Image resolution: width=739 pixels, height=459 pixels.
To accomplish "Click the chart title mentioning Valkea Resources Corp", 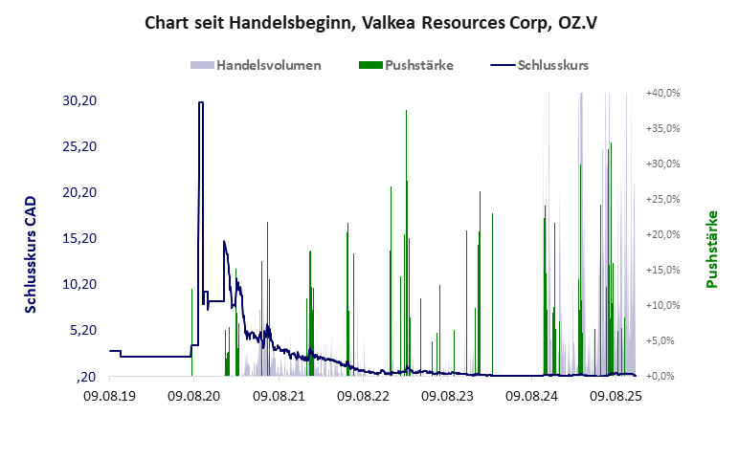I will pyautogui.click(x=369, y=22).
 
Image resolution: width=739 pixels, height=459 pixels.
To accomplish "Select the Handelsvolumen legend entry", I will pyautogui.click(x=257, y=66).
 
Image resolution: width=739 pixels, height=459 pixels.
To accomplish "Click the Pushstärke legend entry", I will pyautogui.click(x=406, y=66).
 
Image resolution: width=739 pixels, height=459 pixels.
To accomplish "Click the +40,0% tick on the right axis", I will pyautogui.click(x=662, y=93).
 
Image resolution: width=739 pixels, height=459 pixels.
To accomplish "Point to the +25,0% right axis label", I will pyautogui.click(x=662, y=199).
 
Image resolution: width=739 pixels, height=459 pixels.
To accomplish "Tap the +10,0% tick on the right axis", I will pyautogui.click(x=662, y=305).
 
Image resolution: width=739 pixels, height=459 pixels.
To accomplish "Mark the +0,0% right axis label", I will pyautogui.click(x=663, y=376).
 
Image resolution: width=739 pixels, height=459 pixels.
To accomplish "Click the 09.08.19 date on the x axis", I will pyautogui.click(x=109, y=394).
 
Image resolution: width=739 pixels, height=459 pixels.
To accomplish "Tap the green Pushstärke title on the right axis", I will pyautogui.click(x=712, y=249).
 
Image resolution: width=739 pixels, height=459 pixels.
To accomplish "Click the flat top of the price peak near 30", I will pyautogui.click(x=201, y=102).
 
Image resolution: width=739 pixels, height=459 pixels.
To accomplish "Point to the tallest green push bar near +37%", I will pyautogui.click(x=406, y=112).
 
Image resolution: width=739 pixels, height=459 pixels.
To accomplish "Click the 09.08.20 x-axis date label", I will pyautogui.click(x=193, y=394).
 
